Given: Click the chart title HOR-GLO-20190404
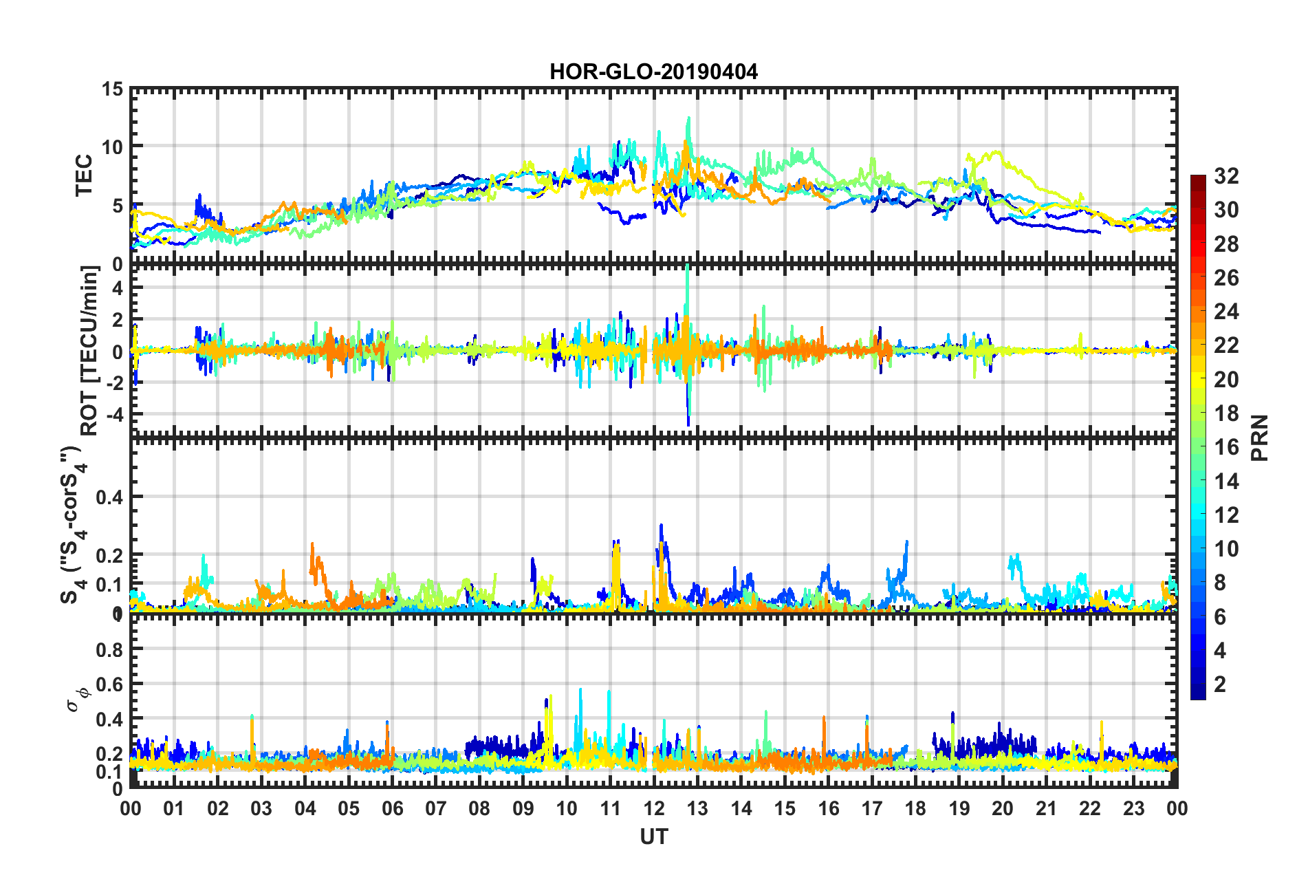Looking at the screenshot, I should coord(653,72).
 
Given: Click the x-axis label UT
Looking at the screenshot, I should coord(653,836).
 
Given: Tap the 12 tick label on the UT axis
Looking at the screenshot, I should coord(654,808).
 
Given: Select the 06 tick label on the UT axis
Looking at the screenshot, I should coord(392,808).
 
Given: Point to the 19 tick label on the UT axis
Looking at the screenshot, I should coord(959,808).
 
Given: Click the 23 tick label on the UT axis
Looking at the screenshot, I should coord(1133,808).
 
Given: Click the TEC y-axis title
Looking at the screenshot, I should coord(84,175).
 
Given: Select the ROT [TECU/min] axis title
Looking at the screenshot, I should coord(89,351).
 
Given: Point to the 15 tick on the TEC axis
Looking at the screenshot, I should coord(112,89).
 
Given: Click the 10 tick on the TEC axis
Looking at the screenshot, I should coord(112,147).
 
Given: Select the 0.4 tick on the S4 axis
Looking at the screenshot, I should coord(109,497).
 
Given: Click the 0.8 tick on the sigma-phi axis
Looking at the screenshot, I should coord(109,649).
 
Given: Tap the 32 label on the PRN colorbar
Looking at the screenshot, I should coord(1226,176).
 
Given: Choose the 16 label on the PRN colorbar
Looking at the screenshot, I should coord(1226,447).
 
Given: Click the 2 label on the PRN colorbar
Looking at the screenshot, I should coord(1221,684).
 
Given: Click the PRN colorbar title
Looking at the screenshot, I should coord(1260,437).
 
